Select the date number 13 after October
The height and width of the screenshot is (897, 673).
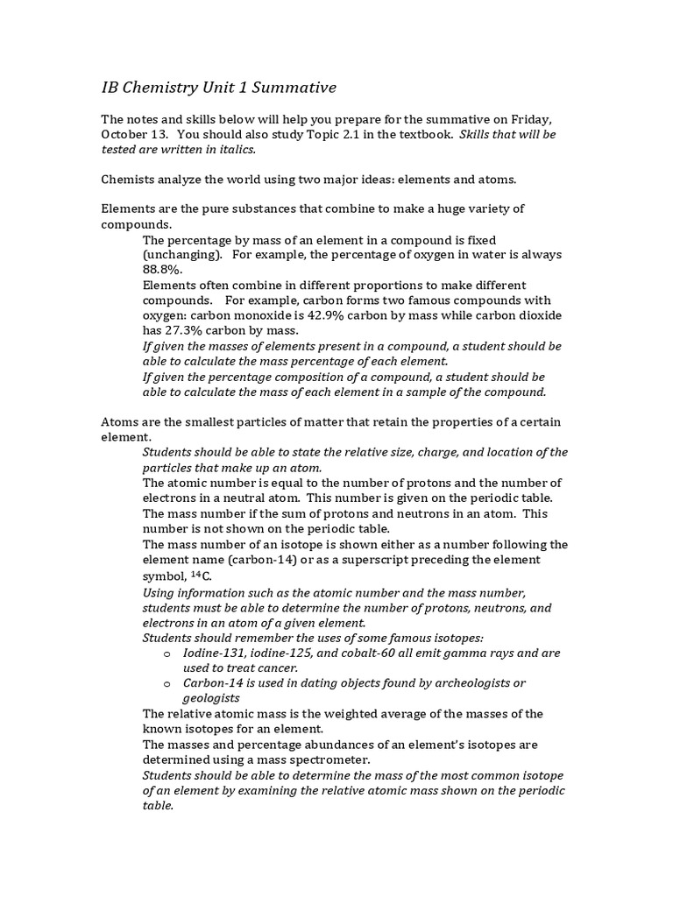coord(162,135)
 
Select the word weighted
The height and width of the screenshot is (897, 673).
coord(331,714)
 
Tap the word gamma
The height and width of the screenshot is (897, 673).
coord(461,653)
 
